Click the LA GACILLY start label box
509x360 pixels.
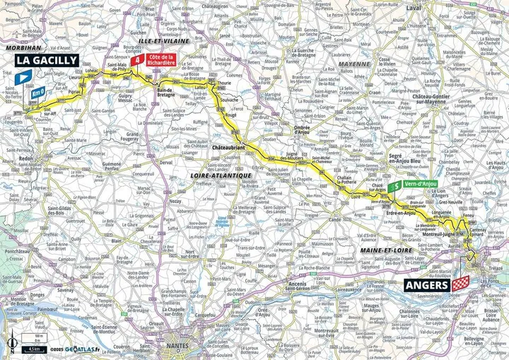click(x=47, y=61)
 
